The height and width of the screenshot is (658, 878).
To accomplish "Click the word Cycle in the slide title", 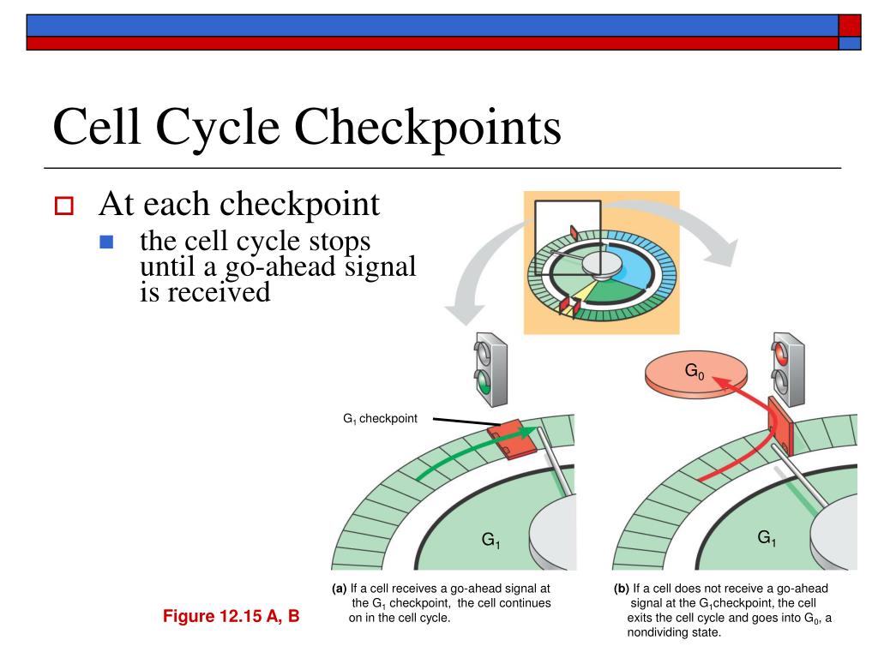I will [219, 129].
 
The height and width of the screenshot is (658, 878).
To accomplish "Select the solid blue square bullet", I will [106, 242].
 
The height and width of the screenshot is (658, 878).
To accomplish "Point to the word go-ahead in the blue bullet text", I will [267, 267].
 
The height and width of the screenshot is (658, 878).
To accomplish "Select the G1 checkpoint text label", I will [380, 419].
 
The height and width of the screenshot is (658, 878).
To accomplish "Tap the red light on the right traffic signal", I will [781, 351].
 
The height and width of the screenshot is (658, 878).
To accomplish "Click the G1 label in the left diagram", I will [490, 541].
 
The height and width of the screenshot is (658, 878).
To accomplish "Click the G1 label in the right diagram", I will [767, 538].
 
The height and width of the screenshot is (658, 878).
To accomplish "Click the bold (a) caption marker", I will [340, 589].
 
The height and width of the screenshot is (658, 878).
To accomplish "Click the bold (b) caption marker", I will [622, 589].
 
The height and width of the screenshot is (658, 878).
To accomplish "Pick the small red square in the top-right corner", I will [850, 25].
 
